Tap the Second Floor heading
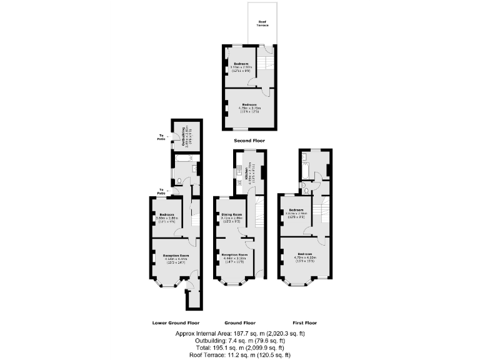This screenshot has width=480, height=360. (x=249, y=141)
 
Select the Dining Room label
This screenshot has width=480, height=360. (x=232, y=217)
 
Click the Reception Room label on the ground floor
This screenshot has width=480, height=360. (x=235, y=257)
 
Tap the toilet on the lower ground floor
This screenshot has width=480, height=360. (x=179, y=182)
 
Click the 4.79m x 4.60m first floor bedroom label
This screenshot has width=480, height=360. (x=306, y=256)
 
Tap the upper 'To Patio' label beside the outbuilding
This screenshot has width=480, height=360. (x=162, y=137)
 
